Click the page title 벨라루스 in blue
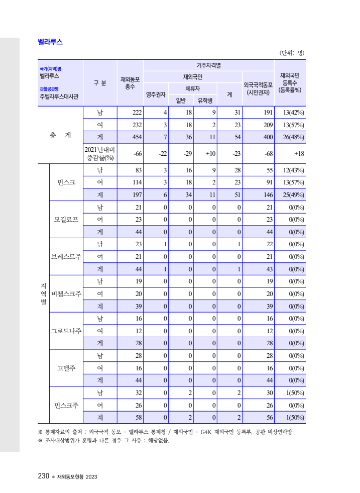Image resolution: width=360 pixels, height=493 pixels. pyautogui.click(x=51, y=42)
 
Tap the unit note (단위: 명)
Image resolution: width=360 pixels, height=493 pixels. pyautogui.click(x=292, y=52)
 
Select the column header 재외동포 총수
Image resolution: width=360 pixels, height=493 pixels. pyautogui.click(x=130, y=83)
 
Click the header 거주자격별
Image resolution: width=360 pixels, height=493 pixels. pyautogui.click(x=209, y=65)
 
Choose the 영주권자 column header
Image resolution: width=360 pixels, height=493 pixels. pyautogui.click(x=156, y=94)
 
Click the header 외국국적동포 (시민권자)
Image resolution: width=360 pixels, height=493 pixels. pyautogui.click(x=258, y=88)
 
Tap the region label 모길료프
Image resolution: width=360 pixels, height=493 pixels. pyautogui.click(x=66, y=219)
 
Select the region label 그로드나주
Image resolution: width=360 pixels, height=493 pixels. pyautogui.click(x=66, y=331)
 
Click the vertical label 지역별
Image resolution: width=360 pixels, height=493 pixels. pyautogui.click(x=43, y=293)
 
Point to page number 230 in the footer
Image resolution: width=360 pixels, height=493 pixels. pyautogui.click(x=43, y=476)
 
